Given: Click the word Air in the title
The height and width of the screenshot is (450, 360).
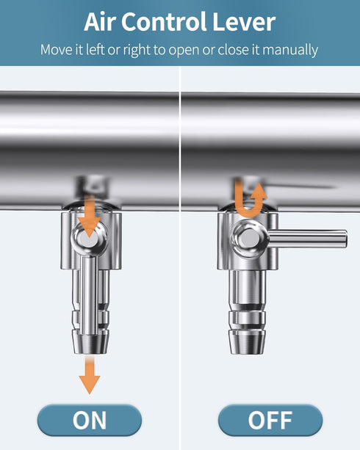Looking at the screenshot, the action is click(100, 22).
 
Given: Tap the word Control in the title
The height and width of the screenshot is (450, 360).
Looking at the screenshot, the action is click(164, 22).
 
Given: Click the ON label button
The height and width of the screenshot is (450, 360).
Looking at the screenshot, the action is click(90, 420).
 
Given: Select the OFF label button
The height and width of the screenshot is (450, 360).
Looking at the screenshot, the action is click(270, 420).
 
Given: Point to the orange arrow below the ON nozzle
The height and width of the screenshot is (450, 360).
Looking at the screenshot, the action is click(90, 374).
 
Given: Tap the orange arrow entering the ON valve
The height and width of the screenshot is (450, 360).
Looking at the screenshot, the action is click(90, 215).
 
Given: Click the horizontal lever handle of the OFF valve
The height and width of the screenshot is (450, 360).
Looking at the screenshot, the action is click(307, 239).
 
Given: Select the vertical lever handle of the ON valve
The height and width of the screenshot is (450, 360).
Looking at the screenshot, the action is click(88, 296).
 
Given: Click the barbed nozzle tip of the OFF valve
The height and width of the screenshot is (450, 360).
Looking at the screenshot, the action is click(247, 342).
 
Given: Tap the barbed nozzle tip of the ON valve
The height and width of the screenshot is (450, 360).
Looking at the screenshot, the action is click(90, 343).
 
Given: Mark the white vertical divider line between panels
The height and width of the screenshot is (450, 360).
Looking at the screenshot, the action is click(180, 258).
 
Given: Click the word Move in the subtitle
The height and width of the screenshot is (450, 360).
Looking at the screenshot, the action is click(57, 50).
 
